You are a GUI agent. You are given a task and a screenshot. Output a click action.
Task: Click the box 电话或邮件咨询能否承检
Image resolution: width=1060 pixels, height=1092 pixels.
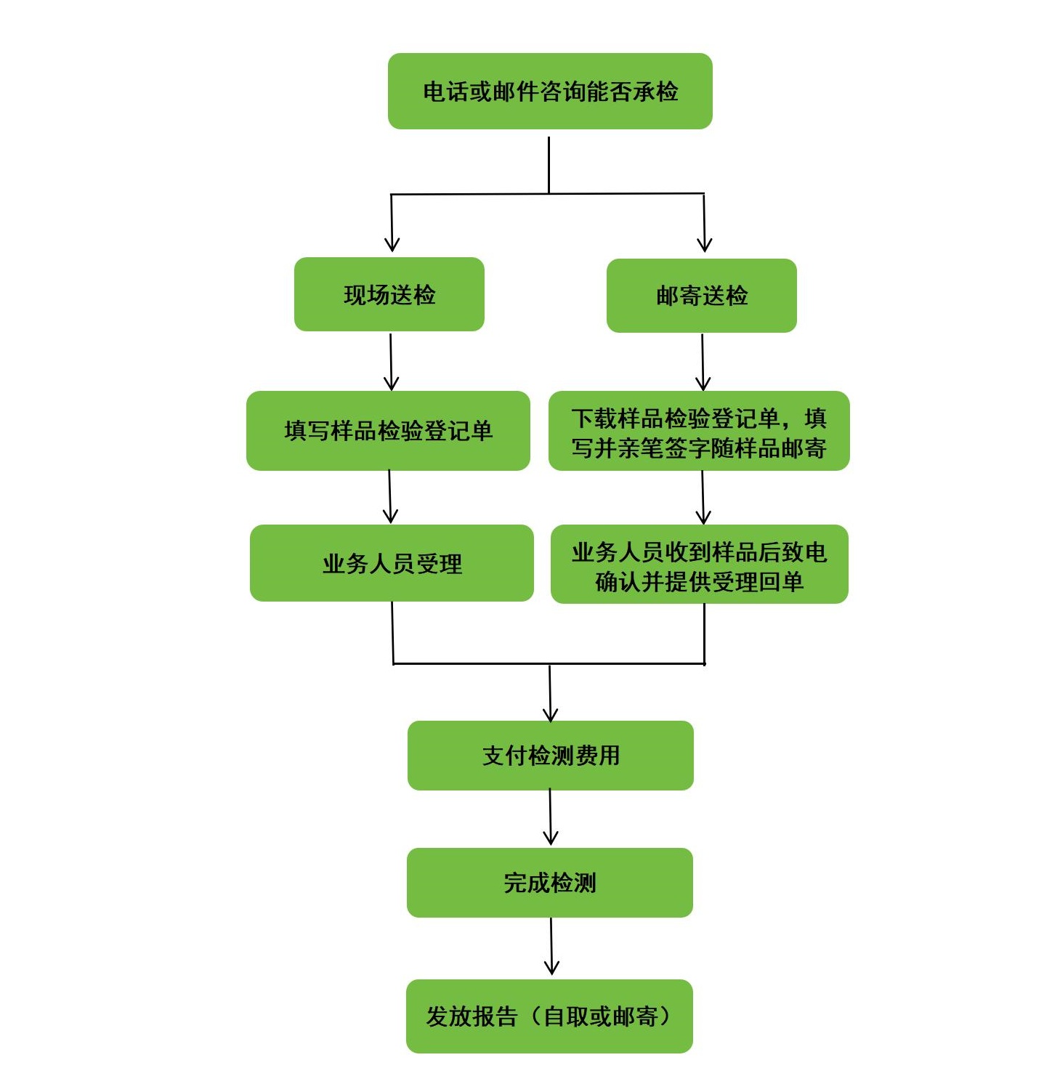click(x=550, y=92)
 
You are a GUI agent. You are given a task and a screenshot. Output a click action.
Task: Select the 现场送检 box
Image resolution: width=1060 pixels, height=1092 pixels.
click(x=389, y=294)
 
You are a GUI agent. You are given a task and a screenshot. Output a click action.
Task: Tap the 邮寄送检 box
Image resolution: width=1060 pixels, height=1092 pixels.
click(x=701, y=296)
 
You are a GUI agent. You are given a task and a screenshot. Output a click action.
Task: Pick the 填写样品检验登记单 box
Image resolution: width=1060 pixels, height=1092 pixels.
click(x=388, y=431)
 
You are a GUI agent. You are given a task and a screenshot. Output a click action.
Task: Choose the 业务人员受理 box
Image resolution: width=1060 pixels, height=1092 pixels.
click(x=392, y=563)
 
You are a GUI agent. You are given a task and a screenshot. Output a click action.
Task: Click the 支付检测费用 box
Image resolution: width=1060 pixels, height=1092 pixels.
click(x=550, y=756)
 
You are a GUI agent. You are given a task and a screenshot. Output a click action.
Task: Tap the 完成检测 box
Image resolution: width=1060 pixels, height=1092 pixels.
click(x=549, y=883)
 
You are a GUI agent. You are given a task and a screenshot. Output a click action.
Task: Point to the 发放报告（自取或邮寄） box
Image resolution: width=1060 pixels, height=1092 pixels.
click(x=549, y=1016)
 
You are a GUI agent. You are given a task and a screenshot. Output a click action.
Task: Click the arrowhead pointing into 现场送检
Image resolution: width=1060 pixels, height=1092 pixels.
click(x=392, y=244)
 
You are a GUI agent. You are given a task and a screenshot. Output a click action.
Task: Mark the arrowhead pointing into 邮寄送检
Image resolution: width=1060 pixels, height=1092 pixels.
click(x=704, y=244)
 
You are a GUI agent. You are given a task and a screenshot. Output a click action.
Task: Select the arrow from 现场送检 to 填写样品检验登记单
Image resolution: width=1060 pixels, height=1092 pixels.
click(x=391, y=361)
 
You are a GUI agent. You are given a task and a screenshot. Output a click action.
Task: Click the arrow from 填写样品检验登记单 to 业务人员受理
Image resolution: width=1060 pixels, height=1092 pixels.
click(x=390, y=496)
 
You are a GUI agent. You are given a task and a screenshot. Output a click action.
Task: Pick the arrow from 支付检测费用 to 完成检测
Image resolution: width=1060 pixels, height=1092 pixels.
click(x=550, y=817)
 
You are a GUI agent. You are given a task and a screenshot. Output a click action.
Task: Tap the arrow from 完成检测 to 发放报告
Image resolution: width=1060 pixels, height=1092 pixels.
click(x=551, y=946)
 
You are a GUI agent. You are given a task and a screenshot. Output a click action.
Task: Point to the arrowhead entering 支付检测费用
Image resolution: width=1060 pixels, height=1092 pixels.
click(x=550, y=713)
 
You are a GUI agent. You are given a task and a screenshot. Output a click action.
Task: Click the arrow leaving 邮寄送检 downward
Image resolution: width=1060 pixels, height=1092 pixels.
click(x=703, y=361)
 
